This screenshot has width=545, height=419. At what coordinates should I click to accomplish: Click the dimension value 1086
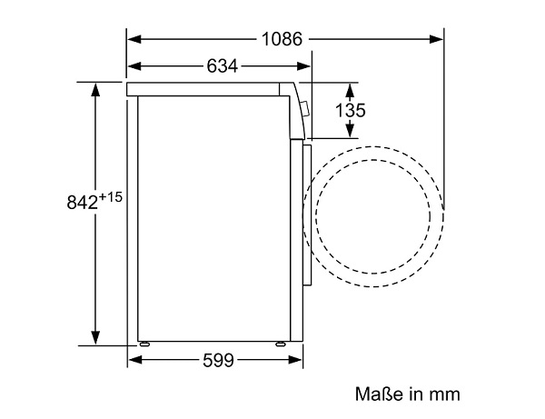pos(282,39)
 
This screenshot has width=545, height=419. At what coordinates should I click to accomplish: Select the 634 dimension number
pos(223,65)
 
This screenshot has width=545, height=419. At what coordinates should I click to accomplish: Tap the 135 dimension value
pos(351,110)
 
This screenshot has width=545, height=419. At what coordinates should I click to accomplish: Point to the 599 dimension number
pos(219,360)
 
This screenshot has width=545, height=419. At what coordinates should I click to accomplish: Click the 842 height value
pos(82,202)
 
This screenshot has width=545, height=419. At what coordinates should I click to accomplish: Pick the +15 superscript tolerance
pos(111,197)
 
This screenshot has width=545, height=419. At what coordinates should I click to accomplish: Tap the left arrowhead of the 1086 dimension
pos(134,39)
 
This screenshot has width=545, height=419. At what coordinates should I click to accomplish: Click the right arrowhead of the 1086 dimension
pos(436,39)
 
